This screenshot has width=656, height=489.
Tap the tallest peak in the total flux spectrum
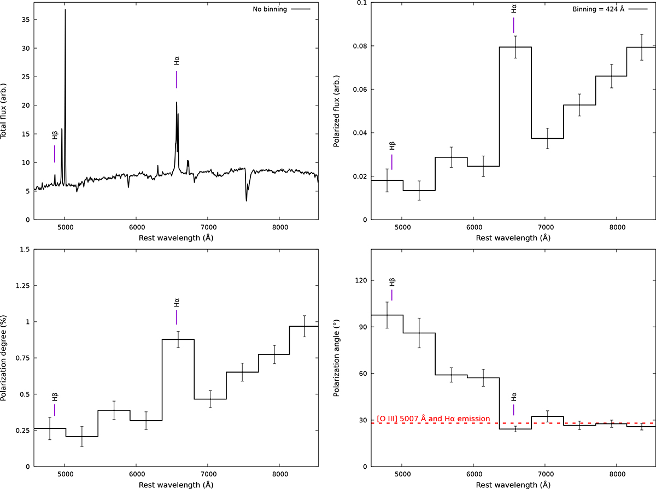point(65,10)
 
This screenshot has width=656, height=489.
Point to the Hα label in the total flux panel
point(176,61)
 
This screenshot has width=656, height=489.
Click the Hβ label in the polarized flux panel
point(392,145)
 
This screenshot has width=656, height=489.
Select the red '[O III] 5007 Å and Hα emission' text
point(433,419)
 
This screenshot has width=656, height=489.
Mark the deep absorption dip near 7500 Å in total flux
point(246,200)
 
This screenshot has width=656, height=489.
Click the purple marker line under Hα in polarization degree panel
point(176,317)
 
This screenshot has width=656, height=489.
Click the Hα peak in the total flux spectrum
point(176,103)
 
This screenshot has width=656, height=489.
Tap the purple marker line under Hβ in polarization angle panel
point(392,294)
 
